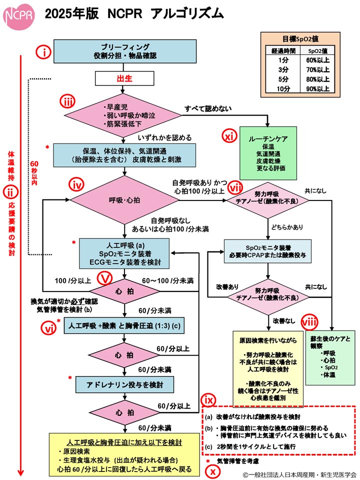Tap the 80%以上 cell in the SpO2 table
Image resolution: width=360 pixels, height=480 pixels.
click(x=318, y=79)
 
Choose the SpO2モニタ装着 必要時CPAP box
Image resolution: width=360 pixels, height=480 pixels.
click(x=268, y=251)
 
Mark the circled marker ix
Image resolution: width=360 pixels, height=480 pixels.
click(x=208, y=399)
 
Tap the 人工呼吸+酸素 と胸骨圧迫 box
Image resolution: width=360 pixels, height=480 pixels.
click(x=128, y=326)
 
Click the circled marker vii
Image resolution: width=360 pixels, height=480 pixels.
click(x=235, y=187)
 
